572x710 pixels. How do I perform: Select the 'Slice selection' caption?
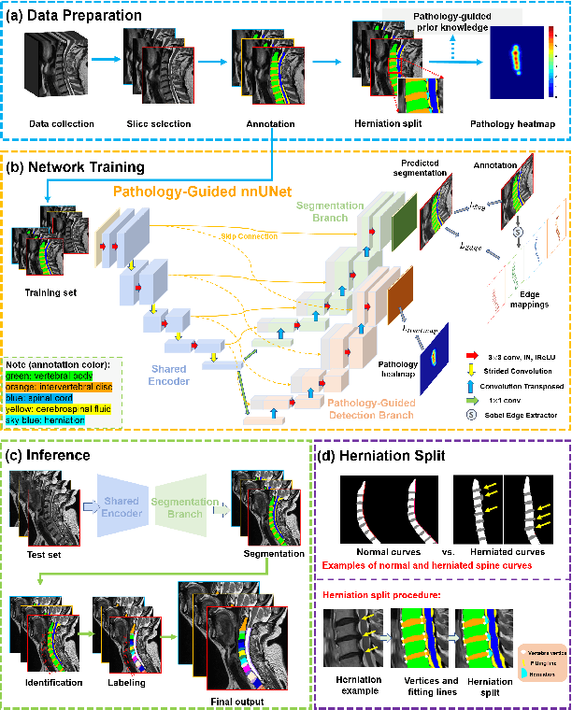pyautogui.click(x=159, y=122)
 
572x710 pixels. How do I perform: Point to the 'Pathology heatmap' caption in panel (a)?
pyautogui.click(x=513, y=122)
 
